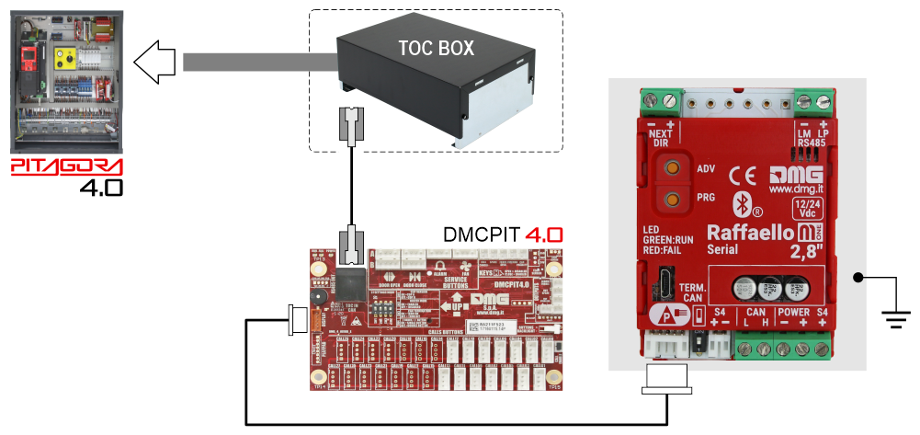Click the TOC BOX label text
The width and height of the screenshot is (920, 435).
[x=436, y=49]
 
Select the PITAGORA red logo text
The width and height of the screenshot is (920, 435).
[x=66, y=168]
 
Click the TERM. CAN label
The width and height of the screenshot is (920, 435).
[x=692, y=292]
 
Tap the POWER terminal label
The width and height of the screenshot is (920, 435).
[x=793, y=314]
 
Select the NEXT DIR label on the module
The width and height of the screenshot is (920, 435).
[x=661, y=138]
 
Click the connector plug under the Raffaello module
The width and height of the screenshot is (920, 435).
[x=668, y=376]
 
